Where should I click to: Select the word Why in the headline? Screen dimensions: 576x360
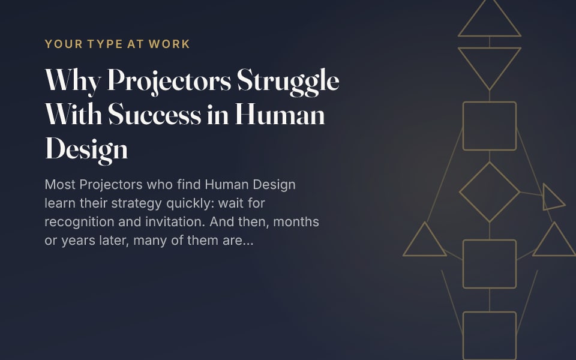73,80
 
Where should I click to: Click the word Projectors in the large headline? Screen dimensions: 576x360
169,81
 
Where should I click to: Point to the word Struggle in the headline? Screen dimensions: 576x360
288,82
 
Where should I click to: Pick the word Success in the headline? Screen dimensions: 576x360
155,114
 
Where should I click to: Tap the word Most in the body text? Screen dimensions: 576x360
60,184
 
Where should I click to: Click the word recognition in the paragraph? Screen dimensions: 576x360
79,223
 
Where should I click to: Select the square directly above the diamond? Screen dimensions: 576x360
463,126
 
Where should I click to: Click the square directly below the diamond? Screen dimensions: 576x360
463,264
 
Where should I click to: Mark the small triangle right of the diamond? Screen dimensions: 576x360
544,197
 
